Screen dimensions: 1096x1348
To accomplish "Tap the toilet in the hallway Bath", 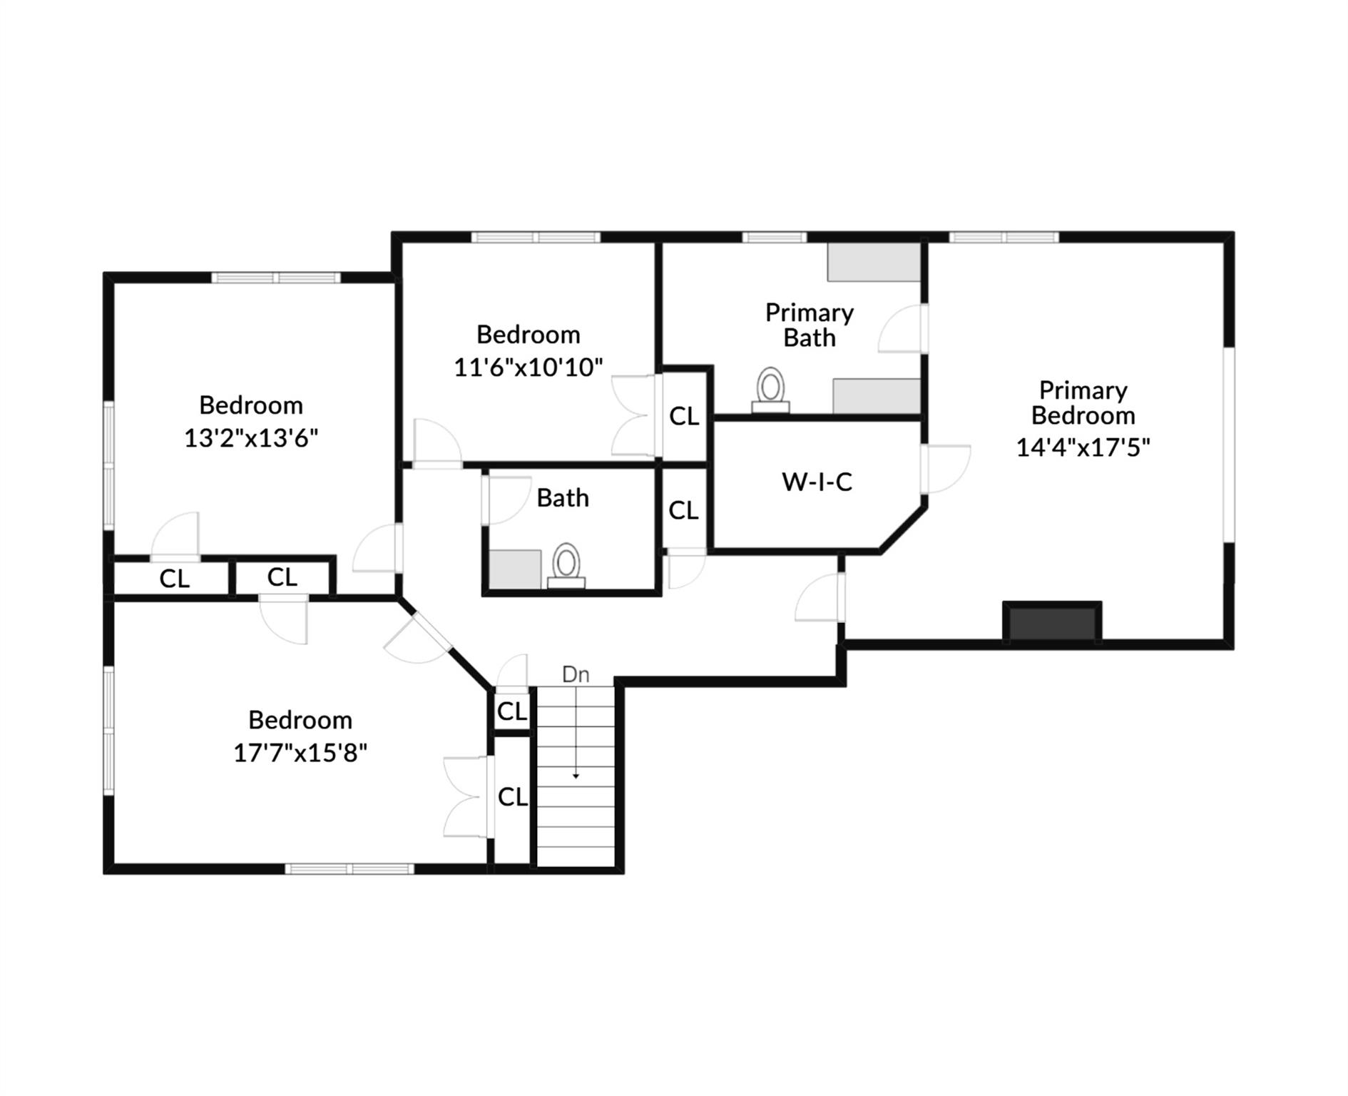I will [566, 565].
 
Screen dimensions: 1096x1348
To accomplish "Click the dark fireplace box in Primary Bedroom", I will [1052, 623].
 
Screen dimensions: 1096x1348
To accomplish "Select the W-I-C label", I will [817, 482].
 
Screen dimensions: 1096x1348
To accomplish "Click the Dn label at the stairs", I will [576, 674].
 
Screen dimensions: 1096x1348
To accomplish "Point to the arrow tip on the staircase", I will [576, 776].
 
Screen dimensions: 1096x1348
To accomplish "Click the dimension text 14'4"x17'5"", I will [1083, 447].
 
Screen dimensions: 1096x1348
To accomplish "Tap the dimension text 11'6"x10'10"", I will [529, 367].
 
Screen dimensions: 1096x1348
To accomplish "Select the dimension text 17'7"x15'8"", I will [300, 753].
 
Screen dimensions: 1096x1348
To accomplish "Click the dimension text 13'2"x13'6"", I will [251, 437].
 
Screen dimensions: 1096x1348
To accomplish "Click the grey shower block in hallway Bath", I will [515, 569].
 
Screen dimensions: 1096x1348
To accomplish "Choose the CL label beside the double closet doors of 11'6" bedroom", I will [684, 416].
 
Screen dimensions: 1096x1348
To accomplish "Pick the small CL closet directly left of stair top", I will [512, 711].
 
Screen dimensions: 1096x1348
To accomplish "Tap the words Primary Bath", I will [810, 325].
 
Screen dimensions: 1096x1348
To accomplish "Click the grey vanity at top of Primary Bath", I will [873, 263].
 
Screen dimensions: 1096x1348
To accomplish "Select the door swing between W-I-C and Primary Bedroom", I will [946, 469].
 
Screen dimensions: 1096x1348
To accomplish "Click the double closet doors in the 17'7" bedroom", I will [467, 797].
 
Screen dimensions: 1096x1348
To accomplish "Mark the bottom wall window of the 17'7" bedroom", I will [349, 868].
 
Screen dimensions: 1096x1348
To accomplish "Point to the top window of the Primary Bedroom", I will [1004, 238].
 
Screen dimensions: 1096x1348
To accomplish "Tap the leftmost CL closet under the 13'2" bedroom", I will [174, 579].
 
